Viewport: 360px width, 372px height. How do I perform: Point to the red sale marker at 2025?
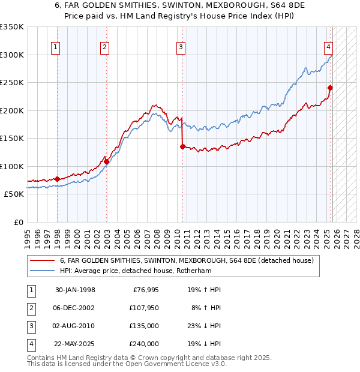[x=330, y=88]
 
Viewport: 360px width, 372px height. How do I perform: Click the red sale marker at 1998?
[x=58, y=179]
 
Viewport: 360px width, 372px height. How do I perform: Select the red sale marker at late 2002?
[x=106, y=161]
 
